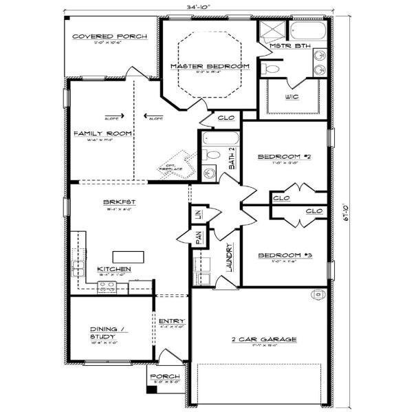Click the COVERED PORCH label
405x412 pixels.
110,36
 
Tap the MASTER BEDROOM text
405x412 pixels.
209,65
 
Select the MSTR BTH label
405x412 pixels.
289,46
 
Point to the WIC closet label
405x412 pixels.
292,97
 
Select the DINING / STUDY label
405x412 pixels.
107,333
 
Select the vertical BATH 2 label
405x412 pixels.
232,160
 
